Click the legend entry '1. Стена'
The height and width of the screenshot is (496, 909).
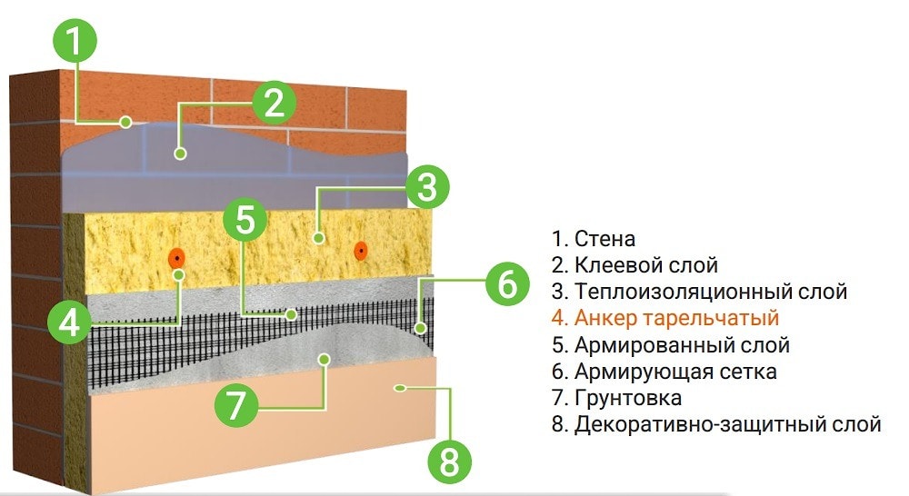pyautogui.click(x=592, y=239)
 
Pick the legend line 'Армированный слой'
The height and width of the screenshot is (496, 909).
pyautogui.click(x=669, y=345)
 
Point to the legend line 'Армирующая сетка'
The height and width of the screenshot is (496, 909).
pyautogui.click(x=663, y=372)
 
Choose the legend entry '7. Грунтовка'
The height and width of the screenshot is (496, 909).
pyautogui.click(x=615, y=398)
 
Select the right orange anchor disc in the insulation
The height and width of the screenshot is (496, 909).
pyautogui.click(x=361, y=249)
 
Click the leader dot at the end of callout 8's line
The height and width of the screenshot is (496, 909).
pyautogui.click(x=399, y=388)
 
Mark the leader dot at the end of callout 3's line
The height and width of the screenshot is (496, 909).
pyautogui.click(x=318, y=239)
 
